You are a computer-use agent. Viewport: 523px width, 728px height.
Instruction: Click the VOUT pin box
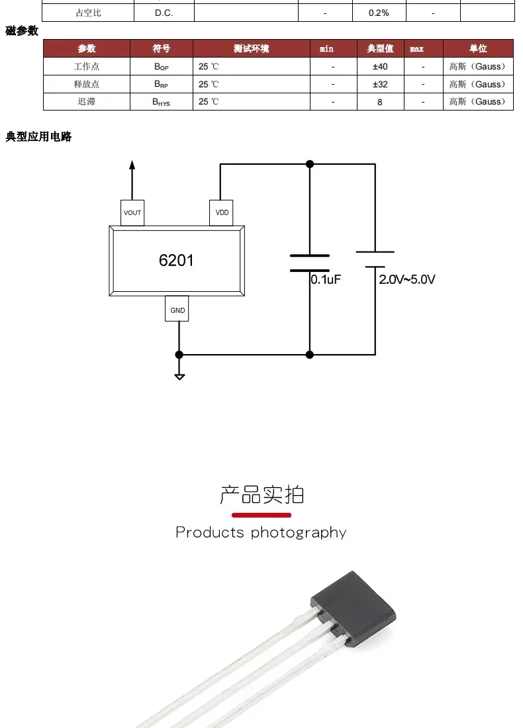click(132, 212)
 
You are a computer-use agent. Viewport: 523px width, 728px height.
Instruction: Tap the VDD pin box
click(222, 212)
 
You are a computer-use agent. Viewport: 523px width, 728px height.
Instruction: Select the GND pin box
click(177, 310)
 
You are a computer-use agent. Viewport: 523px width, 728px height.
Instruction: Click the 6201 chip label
click(176, 260)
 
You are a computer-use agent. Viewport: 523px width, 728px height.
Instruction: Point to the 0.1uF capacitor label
click(326, 279)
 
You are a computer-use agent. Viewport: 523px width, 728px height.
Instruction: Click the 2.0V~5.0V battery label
click(407, 279)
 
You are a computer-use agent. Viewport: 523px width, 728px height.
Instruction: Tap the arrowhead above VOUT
click(132, 165)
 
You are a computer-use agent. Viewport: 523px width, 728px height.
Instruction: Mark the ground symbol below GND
click(179, 376)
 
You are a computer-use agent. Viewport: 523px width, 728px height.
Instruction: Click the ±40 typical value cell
click(380, 67)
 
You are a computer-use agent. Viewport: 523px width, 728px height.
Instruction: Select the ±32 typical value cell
click(380, 84)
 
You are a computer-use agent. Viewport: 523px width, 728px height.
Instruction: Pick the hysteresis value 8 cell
click(380, 102)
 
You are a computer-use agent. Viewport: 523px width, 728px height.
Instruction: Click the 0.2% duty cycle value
click(379, 13)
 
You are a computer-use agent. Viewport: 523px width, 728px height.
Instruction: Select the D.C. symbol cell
click(164, 13)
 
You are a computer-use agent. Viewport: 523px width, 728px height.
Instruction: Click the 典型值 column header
click(380, 48)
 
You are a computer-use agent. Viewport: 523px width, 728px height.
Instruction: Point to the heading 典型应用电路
click(38, 137)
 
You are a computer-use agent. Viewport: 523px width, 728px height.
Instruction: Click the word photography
click(299, 533)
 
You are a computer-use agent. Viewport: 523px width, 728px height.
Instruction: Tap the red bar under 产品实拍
click(261, 515)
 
